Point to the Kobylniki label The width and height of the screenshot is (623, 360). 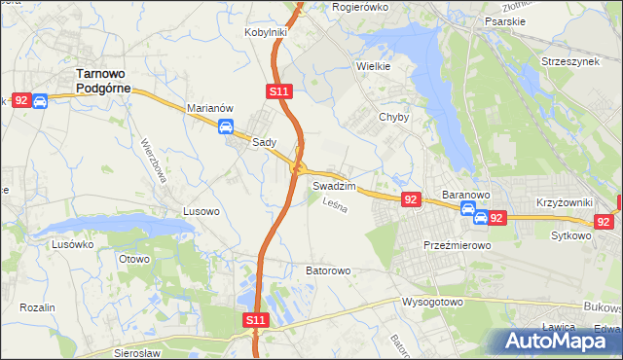click(x=265, y=32)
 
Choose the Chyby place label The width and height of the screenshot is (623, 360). click(x=393, y=117)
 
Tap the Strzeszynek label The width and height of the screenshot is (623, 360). click(x=574, y=60)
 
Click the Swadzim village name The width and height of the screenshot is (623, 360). click(x=333, y=185)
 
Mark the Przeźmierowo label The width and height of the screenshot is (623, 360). click(x=458, y=246)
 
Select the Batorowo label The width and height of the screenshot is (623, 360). click(x=328, y=270)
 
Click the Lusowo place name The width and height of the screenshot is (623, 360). click(x=201, y=210)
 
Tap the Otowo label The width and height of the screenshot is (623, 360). click(x=133, y=259)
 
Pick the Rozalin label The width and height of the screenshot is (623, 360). click(x=36, y=307)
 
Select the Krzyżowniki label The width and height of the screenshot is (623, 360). click(x=565, y=202)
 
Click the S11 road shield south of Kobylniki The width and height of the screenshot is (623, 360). click(x=278, y=90)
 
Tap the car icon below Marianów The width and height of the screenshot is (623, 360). click(x=226, y=126)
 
